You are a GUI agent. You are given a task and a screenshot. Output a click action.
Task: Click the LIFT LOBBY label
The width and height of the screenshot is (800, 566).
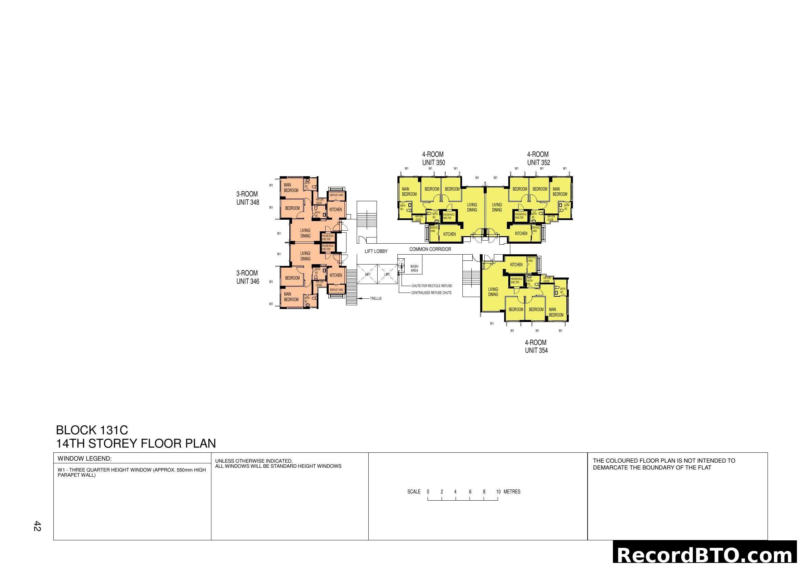[376, 251]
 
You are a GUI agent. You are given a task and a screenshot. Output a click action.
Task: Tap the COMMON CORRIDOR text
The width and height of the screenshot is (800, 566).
[430, 249]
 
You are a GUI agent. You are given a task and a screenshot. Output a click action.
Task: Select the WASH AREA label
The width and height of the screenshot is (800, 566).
[414, 268]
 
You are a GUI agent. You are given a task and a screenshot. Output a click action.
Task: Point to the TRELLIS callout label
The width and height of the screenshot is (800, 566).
[376, 299]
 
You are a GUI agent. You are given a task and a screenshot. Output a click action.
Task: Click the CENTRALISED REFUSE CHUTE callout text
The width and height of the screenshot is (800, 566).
[431, 293]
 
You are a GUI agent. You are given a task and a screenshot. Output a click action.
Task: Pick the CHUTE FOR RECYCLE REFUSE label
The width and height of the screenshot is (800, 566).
[432, 286]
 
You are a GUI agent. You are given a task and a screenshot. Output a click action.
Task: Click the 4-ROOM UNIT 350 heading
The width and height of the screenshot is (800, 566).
[433, 158]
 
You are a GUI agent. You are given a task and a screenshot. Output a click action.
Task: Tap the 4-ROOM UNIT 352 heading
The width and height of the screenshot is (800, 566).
[538, 158]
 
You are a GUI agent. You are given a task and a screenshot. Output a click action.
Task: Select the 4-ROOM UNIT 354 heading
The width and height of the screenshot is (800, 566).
[536, 346]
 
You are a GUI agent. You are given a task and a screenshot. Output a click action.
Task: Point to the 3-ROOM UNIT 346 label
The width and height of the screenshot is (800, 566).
[247, 278]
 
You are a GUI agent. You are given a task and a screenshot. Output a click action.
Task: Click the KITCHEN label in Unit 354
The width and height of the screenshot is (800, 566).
[516, 265]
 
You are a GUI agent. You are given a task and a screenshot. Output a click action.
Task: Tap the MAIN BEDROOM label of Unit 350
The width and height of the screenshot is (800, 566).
[409, 192]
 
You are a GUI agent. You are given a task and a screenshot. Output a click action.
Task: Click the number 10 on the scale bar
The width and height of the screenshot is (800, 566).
[498, 492]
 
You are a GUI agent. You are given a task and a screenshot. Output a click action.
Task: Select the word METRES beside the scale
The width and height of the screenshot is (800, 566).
[512, 492]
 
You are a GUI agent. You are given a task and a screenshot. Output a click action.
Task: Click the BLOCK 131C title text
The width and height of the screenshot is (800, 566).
[92, 430]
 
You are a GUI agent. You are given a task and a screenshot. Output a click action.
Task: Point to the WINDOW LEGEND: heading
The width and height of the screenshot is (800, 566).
[85, 459]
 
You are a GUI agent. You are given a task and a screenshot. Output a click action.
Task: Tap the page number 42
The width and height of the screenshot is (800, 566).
[37, 526]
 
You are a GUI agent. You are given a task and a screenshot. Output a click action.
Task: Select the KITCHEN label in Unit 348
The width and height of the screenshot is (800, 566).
[336, 210]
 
